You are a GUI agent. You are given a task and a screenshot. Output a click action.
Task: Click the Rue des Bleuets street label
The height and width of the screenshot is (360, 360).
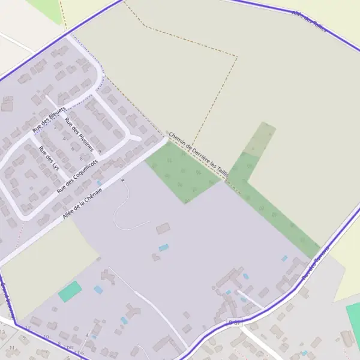click(x=49, y=119)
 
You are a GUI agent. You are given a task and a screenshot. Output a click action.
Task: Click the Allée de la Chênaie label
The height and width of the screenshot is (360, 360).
click(x=82, y=203)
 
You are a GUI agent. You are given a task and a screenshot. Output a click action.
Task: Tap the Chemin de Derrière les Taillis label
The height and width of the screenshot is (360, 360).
click(x=199, y=155)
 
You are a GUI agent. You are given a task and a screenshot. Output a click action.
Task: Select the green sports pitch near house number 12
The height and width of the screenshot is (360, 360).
click(x=70, y=292)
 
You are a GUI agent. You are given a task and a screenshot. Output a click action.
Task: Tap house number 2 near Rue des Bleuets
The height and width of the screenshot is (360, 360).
click(x=55, y=127)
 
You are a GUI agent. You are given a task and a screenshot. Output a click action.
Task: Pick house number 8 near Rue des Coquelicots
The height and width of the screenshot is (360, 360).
click(x=81, y=158)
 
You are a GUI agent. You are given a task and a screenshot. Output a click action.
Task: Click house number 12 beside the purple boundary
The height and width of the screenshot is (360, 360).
click(x=28, y=328)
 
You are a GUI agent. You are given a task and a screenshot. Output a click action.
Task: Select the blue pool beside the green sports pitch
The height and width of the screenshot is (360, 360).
click(x=98, y=289)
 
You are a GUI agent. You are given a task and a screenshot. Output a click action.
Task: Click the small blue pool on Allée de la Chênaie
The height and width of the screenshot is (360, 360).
click(x=100, y=182)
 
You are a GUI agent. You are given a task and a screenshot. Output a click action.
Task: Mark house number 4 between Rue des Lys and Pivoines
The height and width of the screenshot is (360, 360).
click(x=64, y=139)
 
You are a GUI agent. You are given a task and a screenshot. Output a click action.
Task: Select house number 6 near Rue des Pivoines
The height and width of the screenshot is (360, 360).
click(x=73, y=149)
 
